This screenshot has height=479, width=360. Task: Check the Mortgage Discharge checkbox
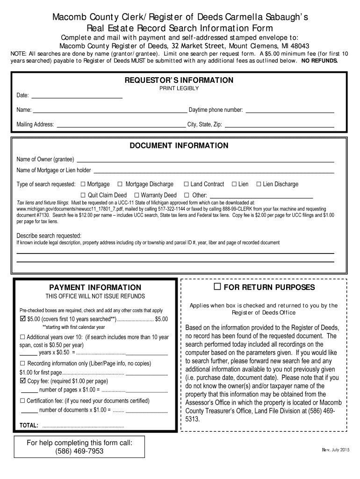(x=120, y=184)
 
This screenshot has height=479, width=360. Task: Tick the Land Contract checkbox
(x=186, y=184)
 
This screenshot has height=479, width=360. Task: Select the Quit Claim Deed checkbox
(x=83, y=195)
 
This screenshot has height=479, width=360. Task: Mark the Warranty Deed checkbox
(x=137, y=195)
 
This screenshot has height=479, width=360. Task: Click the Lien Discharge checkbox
(x=258, y=184)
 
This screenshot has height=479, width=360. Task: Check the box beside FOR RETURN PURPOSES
(x=217, y=286)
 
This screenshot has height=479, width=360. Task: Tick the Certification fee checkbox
(x=22, y=401)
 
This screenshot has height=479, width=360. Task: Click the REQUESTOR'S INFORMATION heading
(x=179, y=80)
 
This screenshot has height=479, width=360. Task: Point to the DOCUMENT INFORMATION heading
(x=179, y=145)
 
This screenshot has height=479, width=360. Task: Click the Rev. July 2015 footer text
(x=335, y=450)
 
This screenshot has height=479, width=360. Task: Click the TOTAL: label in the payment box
(x=29, y=426)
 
